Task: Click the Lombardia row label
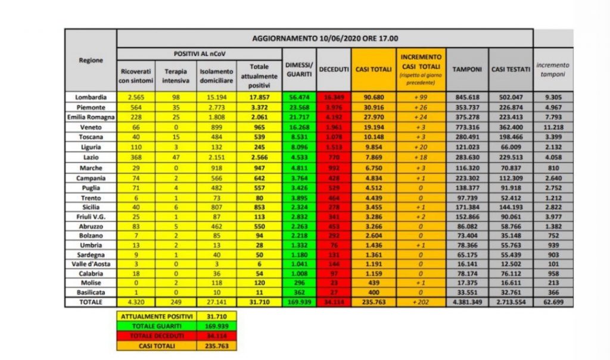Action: coord(91,97)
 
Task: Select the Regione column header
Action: coord(91,60)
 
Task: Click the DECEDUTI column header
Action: coord(334,69)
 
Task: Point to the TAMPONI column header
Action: coord(466,69)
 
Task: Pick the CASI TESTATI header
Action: coord(511,69)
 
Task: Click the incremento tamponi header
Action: coord(553,69)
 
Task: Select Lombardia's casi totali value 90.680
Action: coord(372,97)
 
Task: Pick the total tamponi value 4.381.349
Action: coord(466,302)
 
